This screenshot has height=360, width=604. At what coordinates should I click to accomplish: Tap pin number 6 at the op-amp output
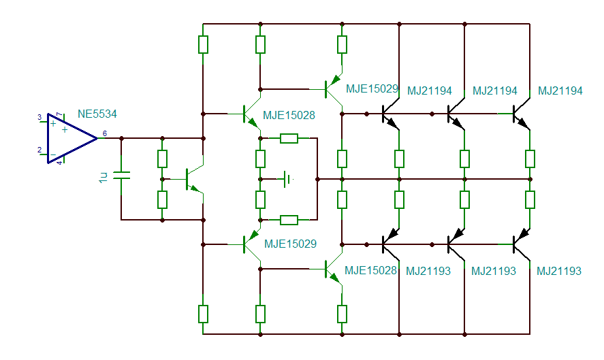[x=104, y=133]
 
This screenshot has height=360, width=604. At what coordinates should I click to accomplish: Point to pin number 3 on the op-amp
[x=39, y=118]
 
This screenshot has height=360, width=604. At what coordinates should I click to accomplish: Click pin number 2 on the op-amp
[x=39, y=150]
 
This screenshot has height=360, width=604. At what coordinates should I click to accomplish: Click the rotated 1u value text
[x=104, y=177]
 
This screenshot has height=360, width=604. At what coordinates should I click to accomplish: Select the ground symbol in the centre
[x=288, y=179]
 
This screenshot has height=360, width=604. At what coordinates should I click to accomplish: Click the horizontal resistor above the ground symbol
[x=289, y=139]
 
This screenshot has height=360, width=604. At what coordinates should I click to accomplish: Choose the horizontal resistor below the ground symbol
[x=289, y=219]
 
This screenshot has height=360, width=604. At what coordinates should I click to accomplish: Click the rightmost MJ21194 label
[x=560, y=91]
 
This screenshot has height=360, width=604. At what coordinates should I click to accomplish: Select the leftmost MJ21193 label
[x=428, y=271]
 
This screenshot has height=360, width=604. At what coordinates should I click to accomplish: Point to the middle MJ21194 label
[x=494, y=91]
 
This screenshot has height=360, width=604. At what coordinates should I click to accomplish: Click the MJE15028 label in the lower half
[x=370, y=271]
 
